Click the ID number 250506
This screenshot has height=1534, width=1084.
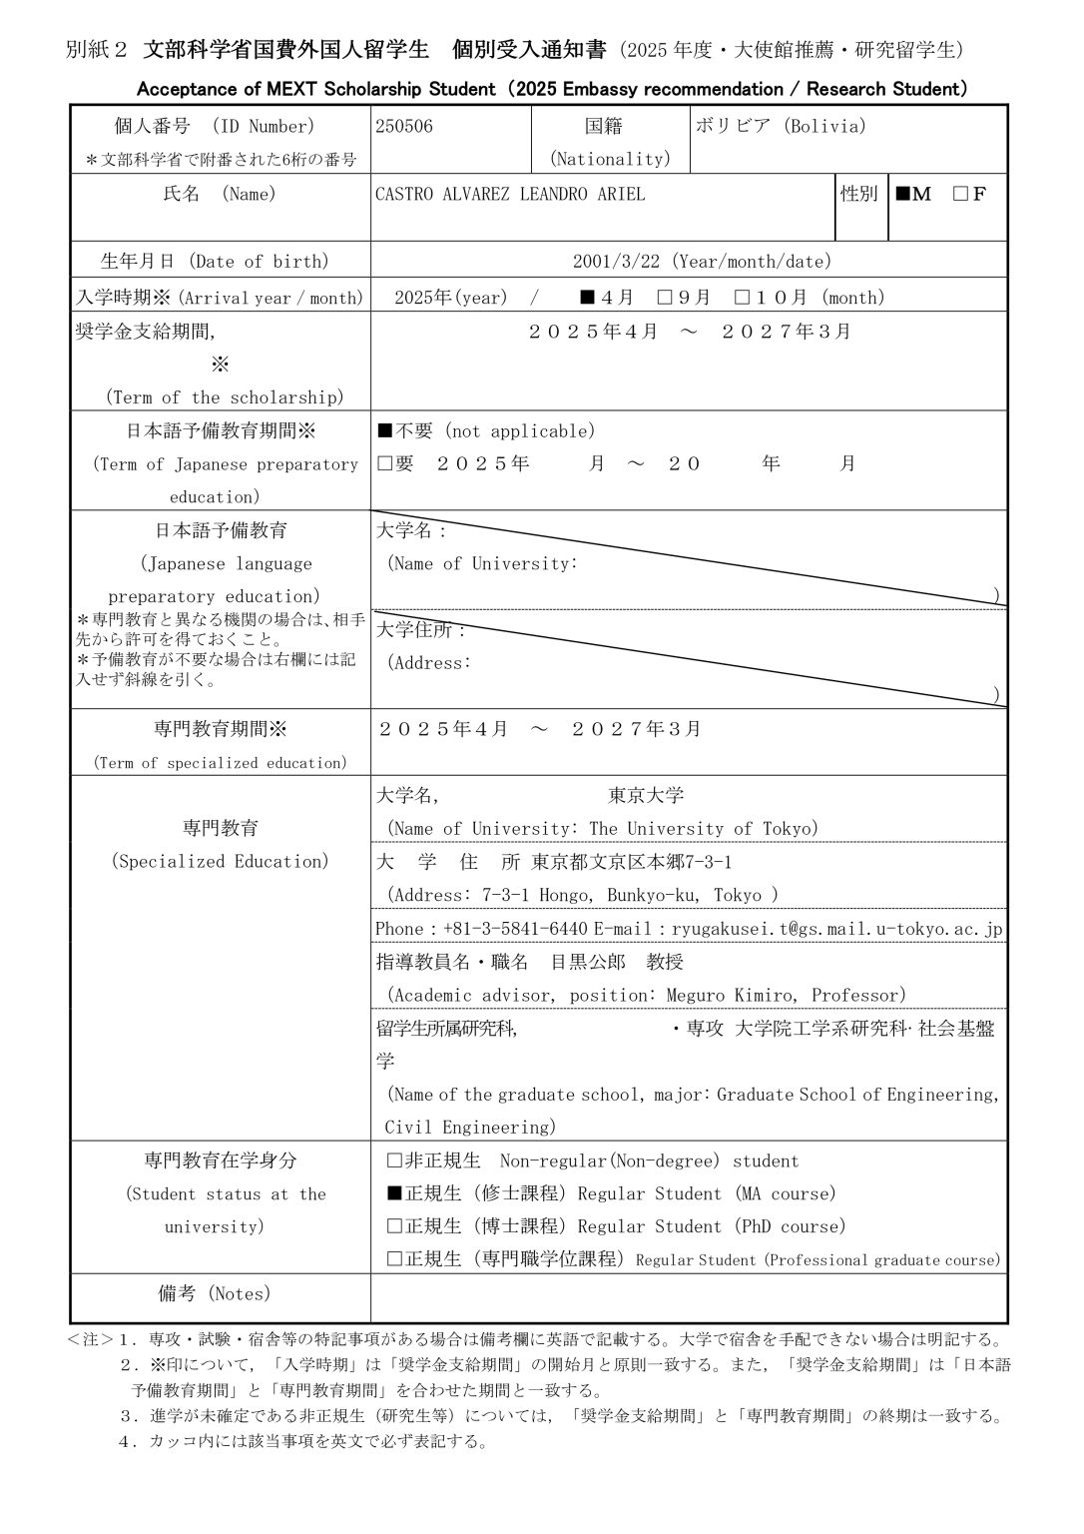pyautogui.click(x=404, y=127)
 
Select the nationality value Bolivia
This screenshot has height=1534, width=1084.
pyautogui.click(x=781, y=127)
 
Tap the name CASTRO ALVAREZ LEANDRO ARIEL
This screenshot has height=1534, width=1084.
pyautogui.click(x=510, y=195)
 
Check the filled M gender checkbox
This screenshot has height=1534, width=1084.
pyautogui.click(x=902, y=195)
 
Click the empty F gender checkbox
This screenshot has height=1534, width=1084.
pyautogui.click(x=960, y=195)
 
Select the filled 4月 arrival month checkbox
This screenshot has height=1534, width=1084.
pyautogui.click(x=588, y=298)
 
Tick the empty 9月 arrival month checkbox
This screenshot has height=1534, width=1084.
pyautogui.click(x=665, y=298)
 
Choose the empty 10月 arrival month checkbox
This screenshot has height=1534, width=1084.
pyautogui.click(x=742, y=298)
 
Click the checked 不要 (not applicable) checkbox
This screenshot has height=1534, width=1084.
pyautogui.click(x=385, y=431)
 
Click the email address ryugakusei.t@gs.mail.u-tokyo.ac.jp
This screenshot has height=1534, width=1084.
pyautogui.click(x=836, y=929)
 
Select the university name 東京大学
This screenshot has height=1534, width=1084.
pyautogui.click(x=646, y=796)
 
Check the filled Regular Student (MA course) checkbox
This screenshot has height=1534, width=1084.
pyautogui.click(x=393, y=1193)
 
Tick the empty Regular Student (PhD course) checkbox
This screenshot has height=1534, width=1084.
pyautogui.click(x=393, y=1226)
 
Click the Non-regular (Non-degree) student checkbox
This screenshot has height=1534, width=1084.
pyautogui.click(x=393, y=1160)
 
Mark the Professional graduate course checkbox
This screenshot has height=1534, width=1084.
pyautogui.click(x=393, y=1259)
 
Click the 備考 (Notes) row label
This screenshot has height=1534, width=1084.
pyautogui.click(x=215, y=1294)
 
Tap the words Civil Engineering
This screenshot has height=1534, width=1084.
pyautogui.click(x=468, y=1128)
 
